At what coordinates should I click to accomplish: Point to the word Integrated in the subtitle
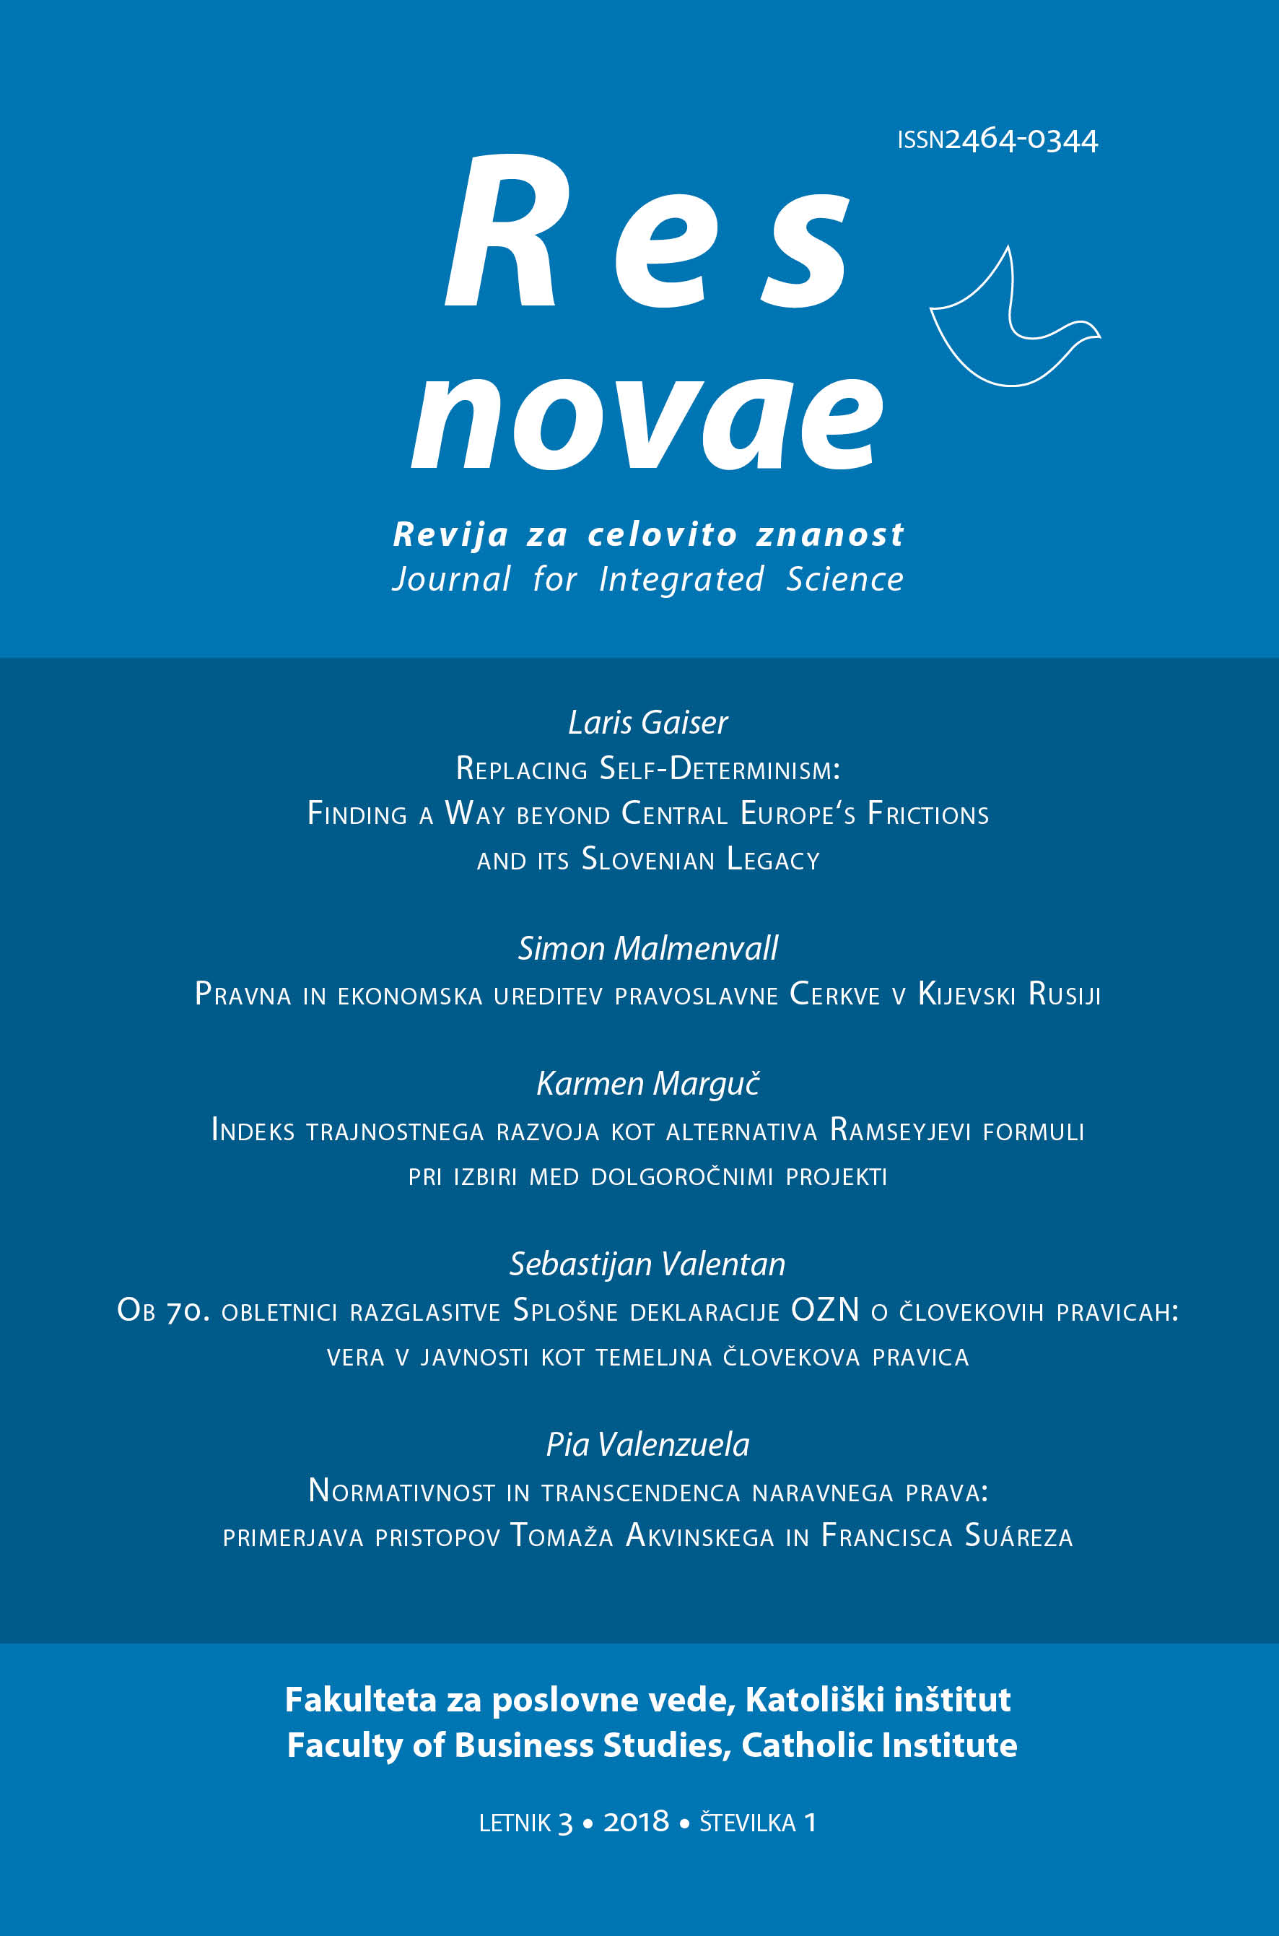[x=681, y=580]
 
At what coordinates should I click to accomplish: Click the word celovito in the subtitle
[x=663, y=535]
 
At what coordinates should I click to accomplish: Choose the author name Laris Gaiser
[x=647, y=723]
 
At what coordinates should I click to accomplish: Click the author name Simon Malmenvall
[x=647, y=949]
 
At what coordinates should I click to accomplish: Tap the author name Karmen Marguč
[x=647, y=1084]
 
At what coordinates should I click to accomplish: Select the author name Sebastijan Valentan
[x=647, y=1264]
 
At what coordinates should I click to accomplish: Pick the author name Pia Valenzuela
[x=647, y=1445]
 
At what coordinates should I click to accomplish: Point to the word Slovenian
[x=647, y=860]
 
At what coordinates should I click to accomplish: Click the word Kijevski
[x=966, y=994]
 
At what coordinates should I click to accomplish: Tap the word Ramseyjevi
[x=900, y=1131]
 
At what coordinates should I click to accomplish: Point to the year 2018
[x=636, y=1822]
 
